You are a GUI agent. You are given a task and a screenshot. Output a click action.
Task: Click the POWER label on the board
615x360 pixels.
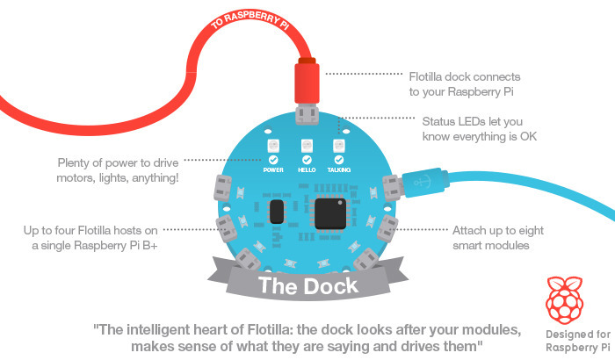click(273, 171)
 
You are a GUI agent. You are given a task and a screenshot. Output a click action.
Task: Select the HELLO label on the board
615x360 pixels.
click(307, 171)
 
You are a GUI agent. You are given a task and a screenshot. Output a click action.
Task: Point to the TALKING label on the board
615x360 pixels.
click(339, 171)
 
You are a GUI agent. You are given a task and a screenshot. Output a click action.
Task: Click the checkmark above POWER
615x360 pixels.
click(273, 160)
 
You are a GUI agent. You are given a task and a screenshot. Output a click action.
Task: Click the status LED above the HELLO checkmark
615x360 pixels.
click(307, 145)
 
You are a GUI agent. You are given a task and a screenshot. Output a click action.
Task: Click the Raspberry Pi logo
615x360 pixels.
click(567, 299)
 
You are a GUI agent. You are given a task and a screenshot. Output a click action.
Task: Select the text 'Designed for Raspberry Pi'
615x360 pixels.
click(567, 338)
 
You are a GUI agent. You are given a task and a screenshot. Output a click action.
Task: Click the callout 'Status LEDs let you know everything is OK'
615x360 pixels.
click(479, 128)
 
